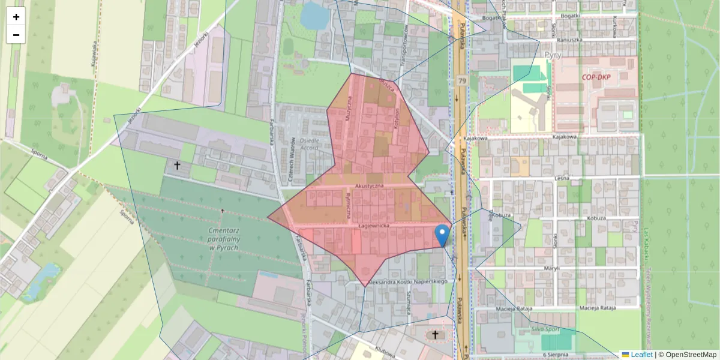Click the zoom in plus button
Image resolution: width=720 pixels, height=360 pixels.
coord(16,17)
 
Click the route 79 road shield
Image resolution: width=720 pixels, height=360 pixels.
coord(461,80)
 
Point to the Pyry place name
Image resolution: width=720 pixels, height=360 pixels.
coord(553,55)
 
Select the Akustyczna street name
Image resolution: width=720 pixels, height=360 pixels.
coord(369,187)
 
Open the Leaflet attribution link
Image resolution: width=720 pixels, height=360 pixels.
coord(637,355)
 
